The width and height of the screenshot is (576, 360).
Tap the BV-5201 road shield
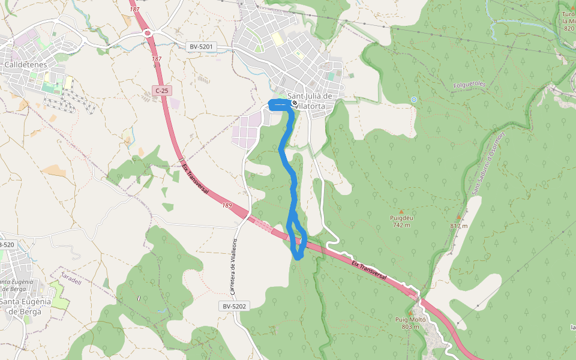tap(201, 46)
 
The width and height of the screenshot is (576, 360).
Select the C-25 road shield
tap(161, 91)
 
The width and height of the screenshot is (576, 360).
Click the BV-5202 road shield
tap(234, 306)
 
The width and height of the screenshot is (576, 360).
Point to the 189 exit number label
tap(227, 206)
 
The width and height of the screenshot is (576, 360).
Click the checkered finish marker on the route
tap(295, 103)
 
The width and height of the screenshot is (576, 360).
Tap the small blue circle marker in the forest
tap(413, 99)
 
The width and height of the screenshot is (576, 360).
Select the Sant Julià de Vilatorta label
tap(310, 101)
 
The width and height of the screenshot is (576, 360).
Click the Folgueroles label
tap(470, 85)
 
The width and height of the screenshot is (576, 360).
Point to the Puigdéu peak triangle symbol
tap(401, 212)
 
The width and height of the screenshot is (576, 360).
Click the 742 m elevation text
tap(401, 225)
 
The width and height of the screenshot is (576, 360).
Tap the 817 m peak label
tap(459, 226)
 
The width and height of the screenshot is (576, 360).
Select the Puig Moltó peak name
tap(410, 320)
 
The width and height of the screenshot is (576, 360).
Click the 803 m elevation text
tap(410, 327)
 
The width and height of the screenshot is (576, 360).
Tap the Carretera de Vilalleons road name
tap(235, 266)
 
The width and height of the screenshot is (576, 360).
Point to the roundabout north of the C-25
tap(147, 33)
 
